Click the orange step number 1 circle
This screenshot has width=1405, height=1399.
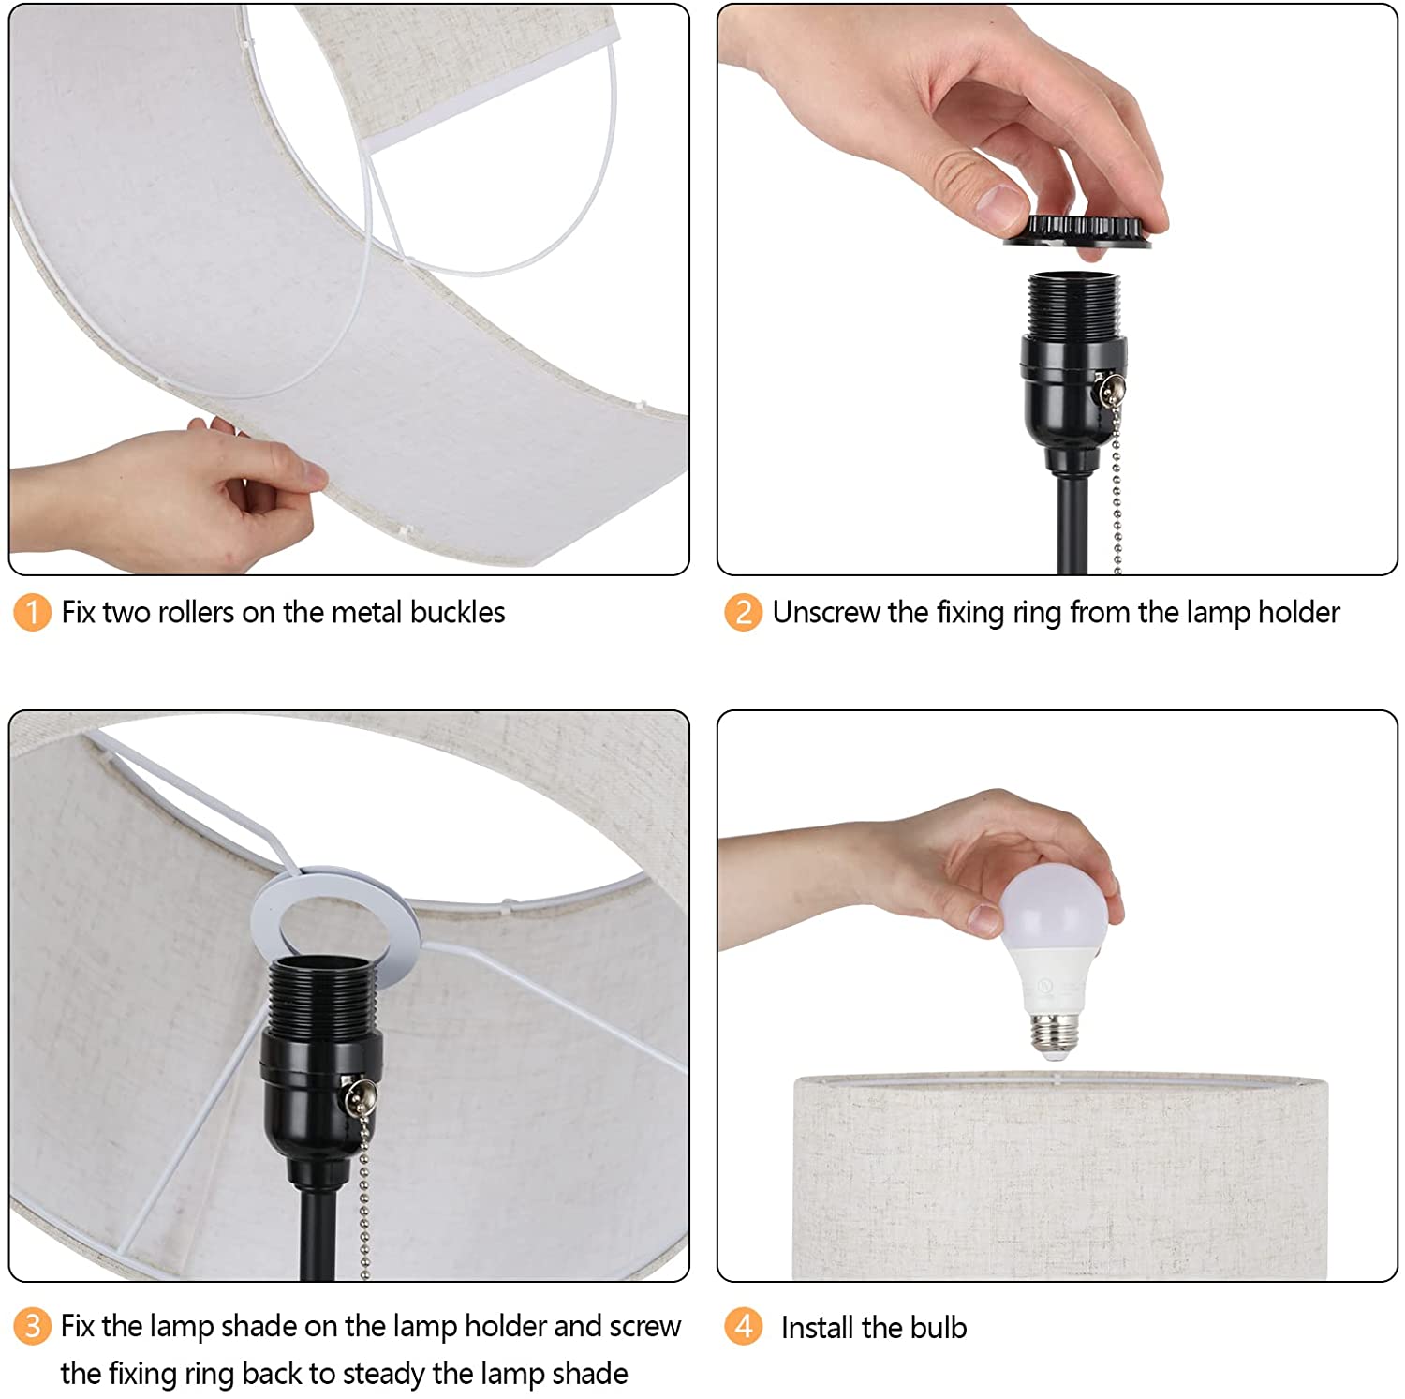pos(32,613)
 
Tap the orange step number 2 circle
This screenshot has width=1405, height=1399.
pos(743,613)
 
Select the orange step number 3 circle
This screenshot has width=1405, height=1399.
pos(32,1326)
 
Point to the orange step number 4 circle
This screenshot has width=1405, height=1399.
pos(743,1326)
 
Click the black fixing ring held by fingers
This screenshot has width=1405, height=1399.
pos(1077,231)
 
